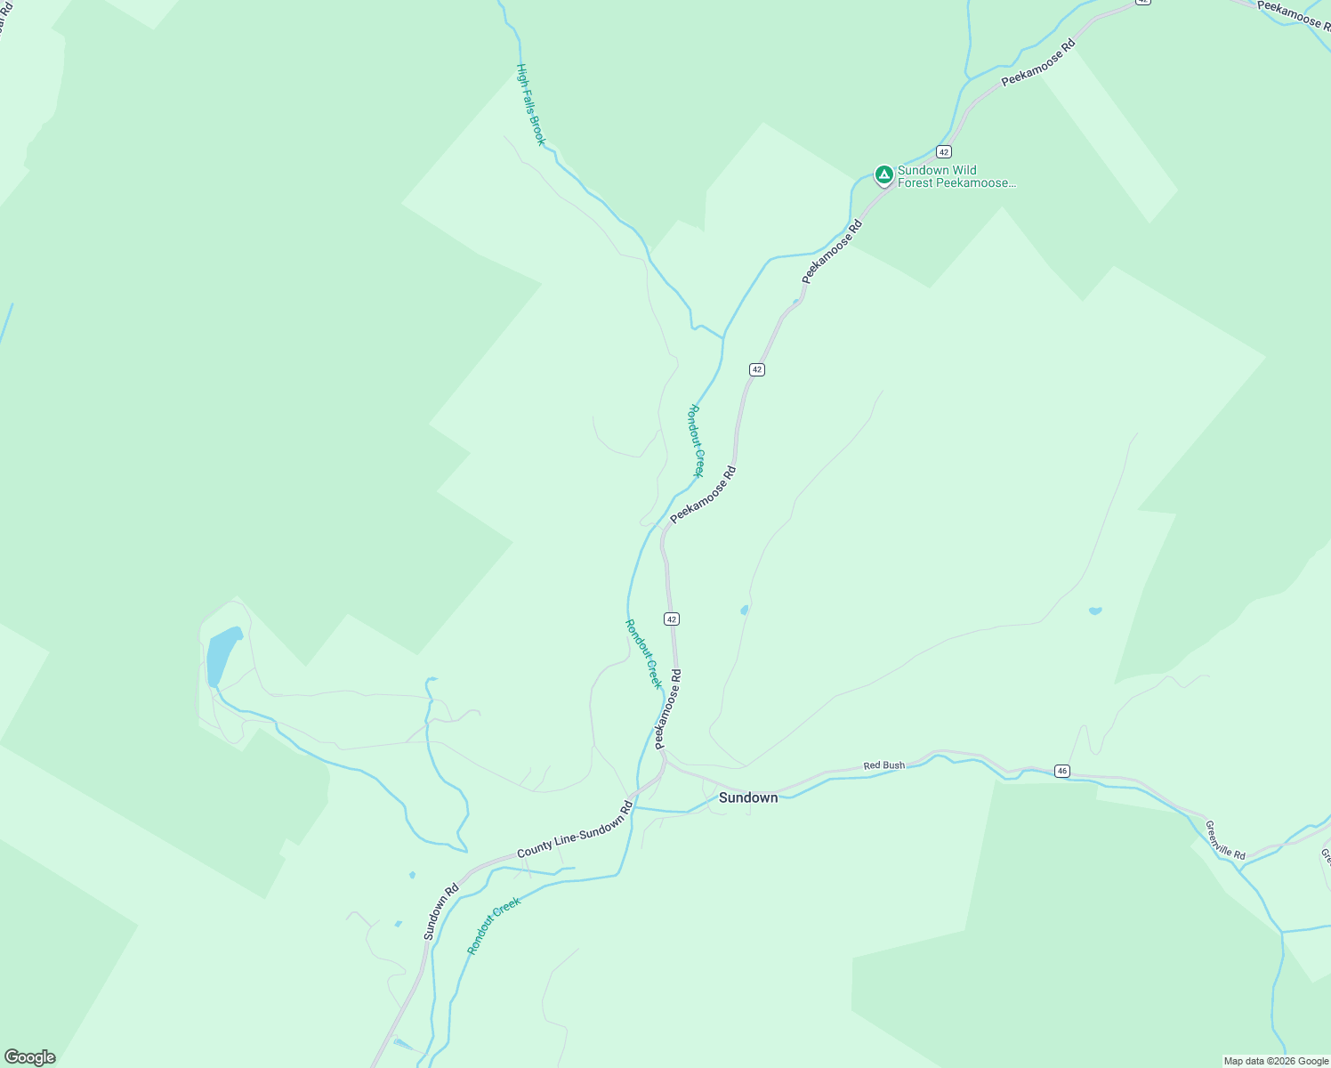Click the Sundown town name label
click(x=748, y=797)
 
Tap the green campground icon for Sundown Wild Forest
click(x=883, y=174)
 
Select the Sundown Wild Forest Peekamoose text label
click(x=956, y=176)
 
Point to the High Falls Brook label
click(x=531, y=104)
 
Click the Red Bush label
click(x=883, y=765)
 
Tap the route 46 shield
click(x=1061, y=771)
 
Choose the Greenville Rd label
click(x=1225, y=839)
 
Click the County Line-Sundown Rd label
click(x=574, y=830)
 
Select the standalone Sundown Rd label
click(x=440, y=911)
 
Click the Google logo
click(x=30, y=1057)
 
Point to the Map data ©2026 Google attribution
click(x=1275, y=1061)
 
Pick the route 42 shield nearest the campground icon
click(x=944, y=152)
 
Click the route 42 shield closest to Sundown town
click(x=672, y=619)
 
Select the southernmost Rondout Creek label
click(x=494, y=926)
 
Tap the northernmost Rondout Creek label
click(x=697, y=441)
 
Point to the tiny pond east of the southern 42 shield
click(x=744, y=610)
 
